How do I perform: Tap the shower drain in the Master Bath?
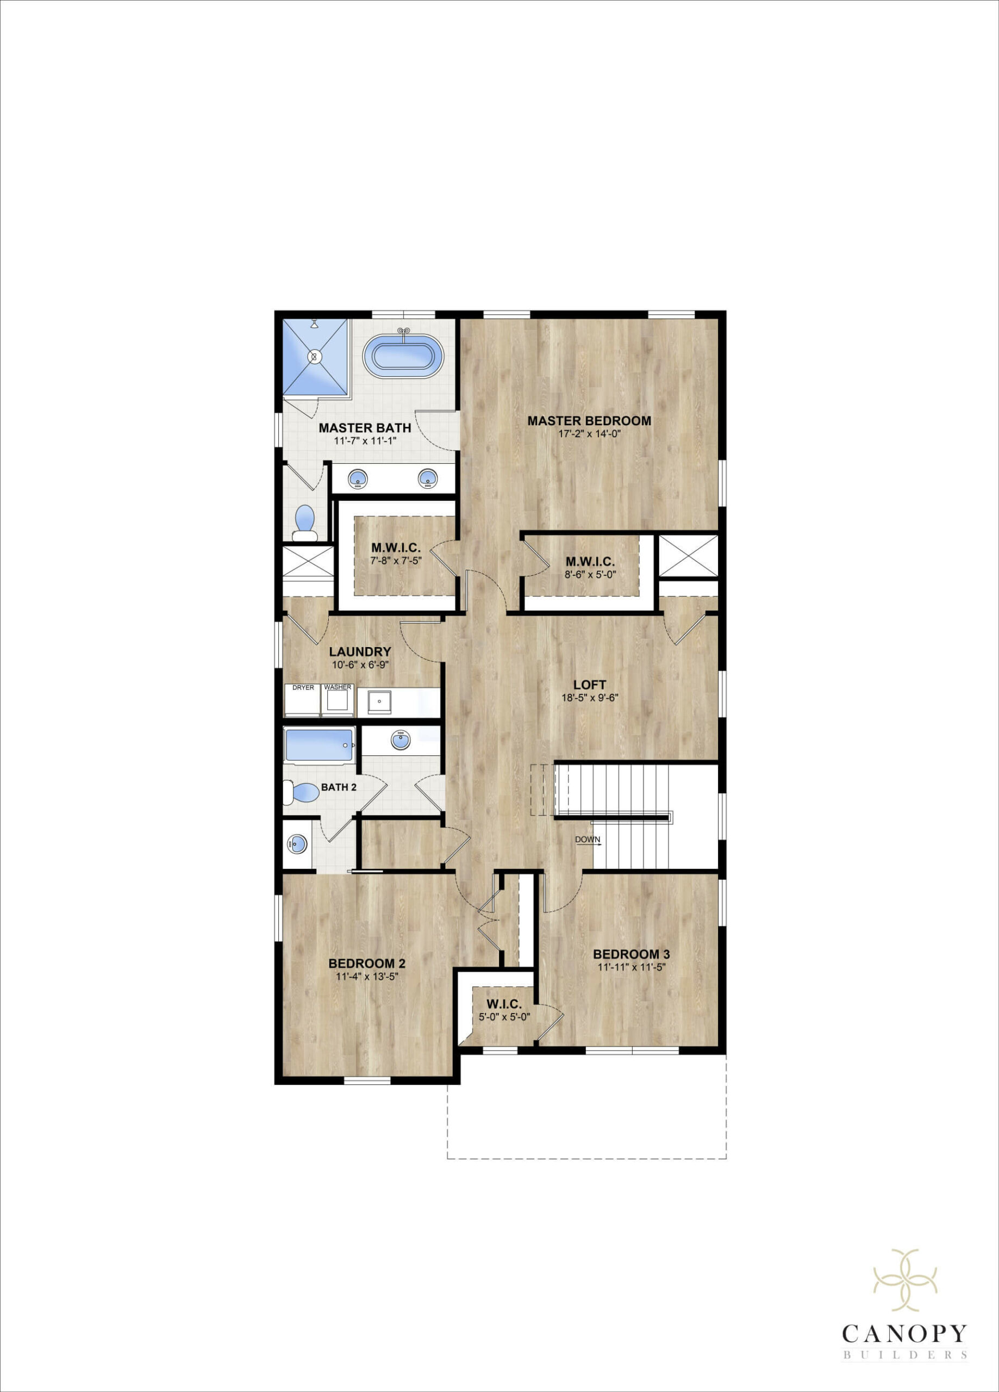click(x=315, y=356)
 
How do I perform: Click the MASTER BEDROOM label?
click(x=589, y=421)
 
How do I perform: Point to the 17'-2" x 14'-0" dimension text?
click(x=589, y=434)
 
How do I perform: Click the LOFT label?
click(x=590, y=685)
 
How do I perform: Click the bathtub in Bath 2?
click(x=319, y=745)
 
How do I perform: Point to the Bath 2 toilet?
click(x=301, y=792)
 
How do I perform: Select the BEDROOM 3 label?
click(x=631, y=954)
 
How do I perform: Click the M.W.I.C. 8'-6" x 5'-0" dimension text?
click(x=590, y=575)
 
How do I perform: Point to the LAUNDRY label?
click(x=360, y=652)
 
